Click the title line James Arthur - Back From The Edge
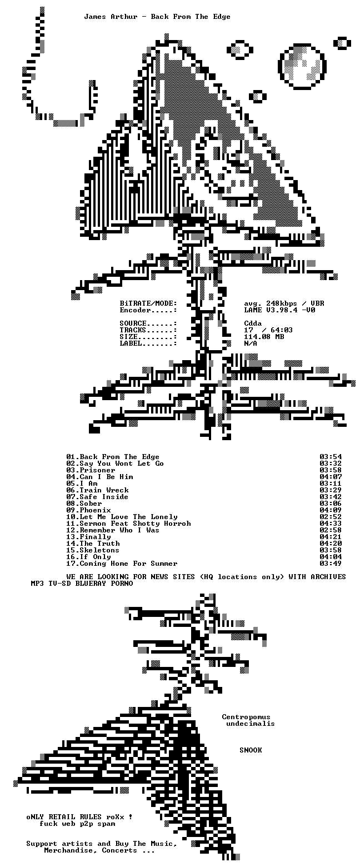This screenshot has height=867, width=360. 157,17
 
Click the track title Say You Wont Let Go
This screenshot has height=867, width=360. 122,464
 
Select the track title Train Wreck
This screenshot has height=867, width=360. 104,490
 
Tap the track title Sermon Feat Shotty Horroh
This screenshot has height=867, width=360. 135,524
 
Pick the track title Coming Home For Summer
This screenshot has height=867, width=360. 128,564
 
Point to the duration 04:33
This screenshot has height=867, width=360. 331,524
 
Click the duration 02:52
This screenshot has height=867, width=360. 331,517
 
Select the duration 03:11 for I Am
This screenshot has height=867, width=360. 331,484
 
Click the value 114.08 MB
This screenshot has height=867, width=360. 264,337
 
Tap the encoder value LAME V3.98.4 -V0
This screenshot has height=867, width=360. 279,310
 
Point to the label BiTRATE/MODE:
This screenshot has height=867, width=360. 148,303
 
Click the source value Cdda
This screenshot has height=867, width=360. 253,323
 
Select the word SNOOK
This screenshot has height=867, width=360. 251,750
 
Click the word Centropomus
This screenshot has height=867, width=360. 246,717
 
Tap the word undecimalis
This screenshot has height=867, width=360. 251,724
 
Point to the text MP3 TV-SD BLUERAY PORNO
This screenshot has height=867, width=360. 82,584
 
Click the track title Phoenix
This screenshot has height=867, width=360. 95,510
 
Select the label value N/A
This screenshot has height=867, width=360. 251,343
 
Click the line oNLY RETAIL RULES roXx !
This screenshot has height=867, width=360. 79,816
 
